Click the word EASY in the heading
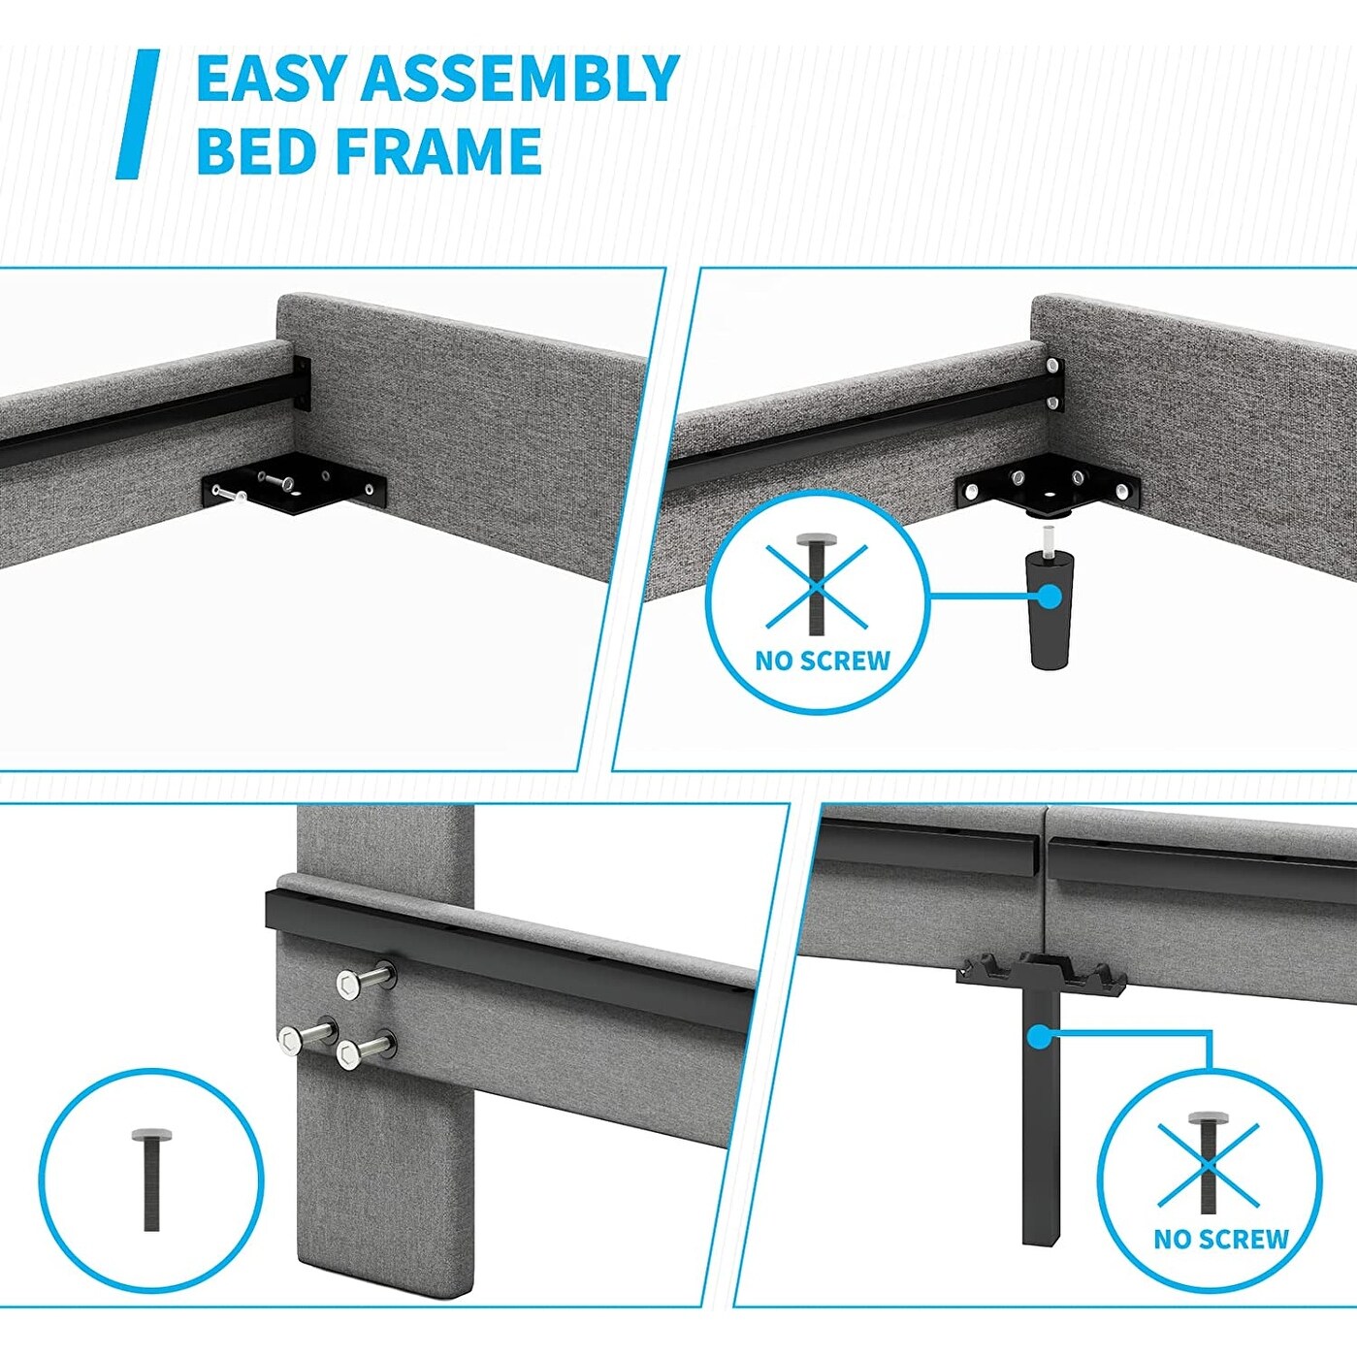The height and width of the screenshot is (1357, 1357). (273, 79)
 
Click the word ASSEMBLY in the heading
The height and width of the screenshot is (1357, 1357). (520, 79)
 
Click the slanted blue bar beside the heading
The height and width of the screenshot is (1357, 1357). (138, 113)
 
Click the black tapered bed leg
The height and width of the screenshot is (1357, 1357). (1050, 608)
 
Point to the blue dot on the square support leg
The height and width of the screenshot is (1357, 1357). (1038, 1036)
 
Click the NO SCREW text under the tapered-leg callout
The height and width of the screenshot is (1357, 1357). (823, 661)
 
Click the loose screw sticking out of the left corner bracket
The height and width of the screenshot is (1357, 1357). (233, 495)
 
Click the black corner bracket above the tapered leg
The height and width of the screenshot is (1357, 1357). (1049, 484)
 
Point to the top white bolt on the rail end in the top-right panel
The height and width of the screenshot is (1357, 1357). (1052, 366)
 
